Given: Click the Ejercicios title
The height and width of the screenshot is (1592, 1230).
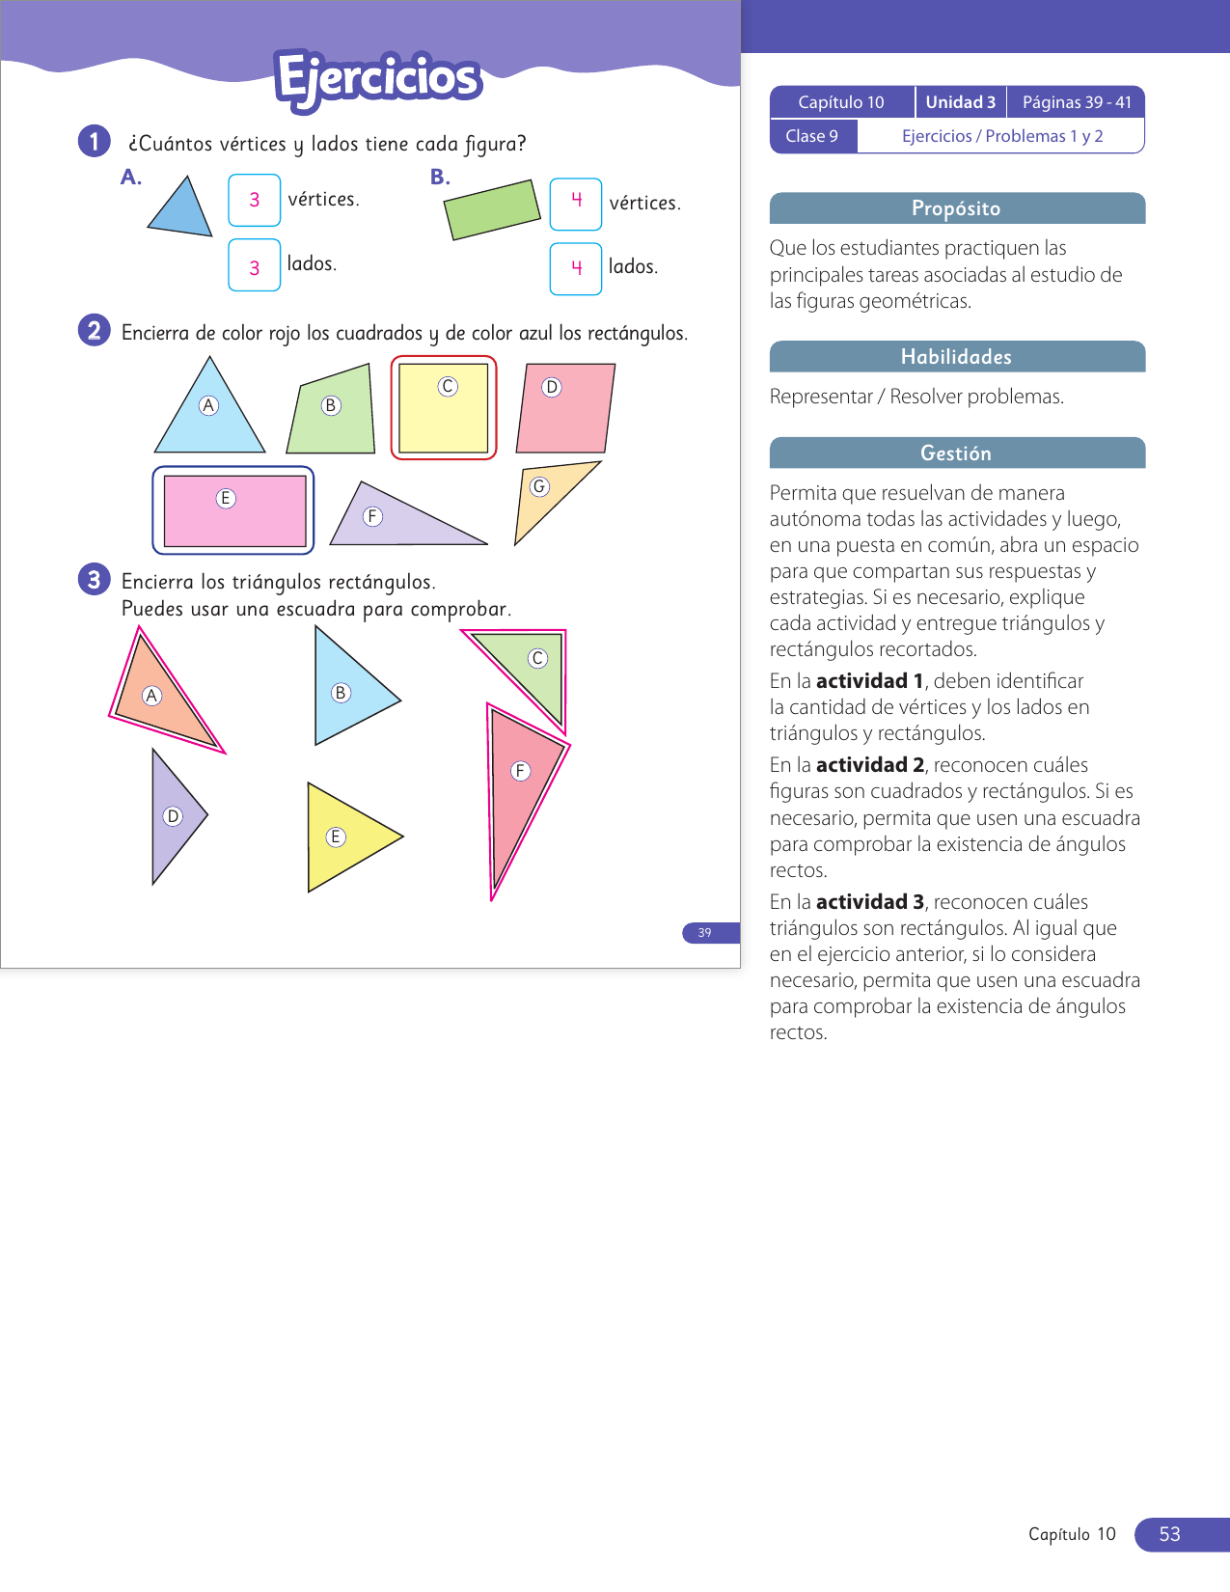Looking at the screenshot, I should (378, 79).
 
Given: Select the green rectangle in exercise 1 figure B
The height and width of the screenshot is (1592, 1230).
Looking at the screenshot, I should (492, 209).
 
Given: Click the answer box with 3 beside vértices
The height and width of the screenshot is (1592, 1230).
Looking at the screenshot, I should (254, 200).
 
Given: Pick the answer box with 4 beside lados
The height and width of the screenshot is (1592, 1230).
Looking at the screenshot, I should (576, 268).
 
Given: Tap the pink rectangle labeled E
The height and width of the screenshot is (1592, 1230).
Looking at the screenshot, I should (234, 511).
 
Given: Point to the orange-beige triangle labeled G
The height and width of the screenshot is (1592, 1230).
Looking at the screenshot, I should (547, 497).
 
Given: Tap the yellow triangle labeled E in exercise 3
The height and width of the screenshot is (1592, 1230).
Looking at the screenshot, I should (343, 837).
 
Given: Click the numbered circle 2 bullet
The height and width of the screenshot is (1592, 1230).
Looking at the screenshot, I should (94, 331).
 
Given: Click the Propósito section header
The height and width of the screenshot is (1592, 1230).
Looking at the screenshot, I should (957, 208).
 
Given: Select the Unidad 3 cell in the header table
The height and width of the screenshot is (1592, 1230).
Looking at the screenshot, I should (960, 102).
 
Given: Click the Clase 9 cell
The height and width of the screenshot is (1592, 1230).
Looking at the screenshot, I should (812, 136).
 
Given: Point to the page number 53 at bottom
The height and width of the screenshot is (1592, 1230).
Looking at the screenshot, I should (1170, 1534).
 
